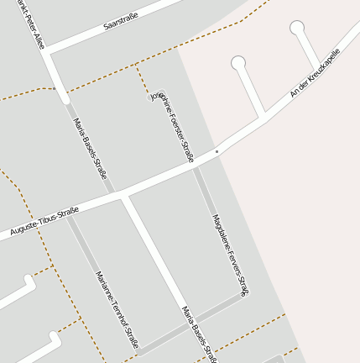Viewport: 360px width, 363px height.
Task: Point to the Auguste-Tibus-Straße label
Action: (44, 220)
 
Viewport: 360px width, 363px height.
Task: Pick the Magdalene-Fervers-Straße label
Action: (230, 255)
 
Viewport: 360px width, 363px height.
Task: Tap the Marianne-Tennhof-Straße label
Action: (117, 308)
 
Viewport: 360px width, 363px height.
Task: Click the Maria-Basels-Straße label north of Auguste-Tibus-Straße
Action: (91, 148)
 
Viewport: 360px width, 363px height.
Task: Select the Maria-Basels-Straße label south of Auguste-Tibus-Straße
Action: (200, 334)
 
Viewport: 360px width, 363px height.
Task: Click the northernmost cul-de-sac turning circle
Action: (297, 28)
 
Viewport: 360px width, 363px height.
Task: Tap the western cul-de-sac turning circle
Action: (238, 62)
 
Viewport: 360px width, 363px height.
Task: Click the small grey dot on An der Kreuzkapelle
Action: (217, 151)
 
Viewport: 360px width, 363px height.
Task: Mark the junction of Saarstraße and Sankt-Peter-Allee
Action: (48, 52)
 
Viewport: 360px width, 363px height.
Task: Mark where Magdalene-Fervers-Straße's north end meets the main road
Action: (196, 166)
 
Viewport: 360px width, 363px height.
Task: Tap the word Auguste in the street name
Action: (24, 227)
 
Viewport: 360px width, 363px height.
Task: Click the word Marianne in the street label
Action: (104, 286)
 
